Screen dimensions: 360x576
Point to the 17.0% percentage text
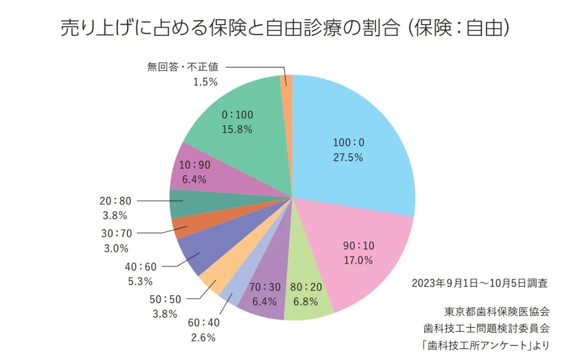pyautogui.click(x=358, y=260)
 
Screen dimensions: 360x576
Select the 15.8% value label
pyautogui.click(x=237, y=129)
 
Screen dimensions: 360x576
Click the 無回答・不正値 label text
pyautogui.click(x=182, y=66)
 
